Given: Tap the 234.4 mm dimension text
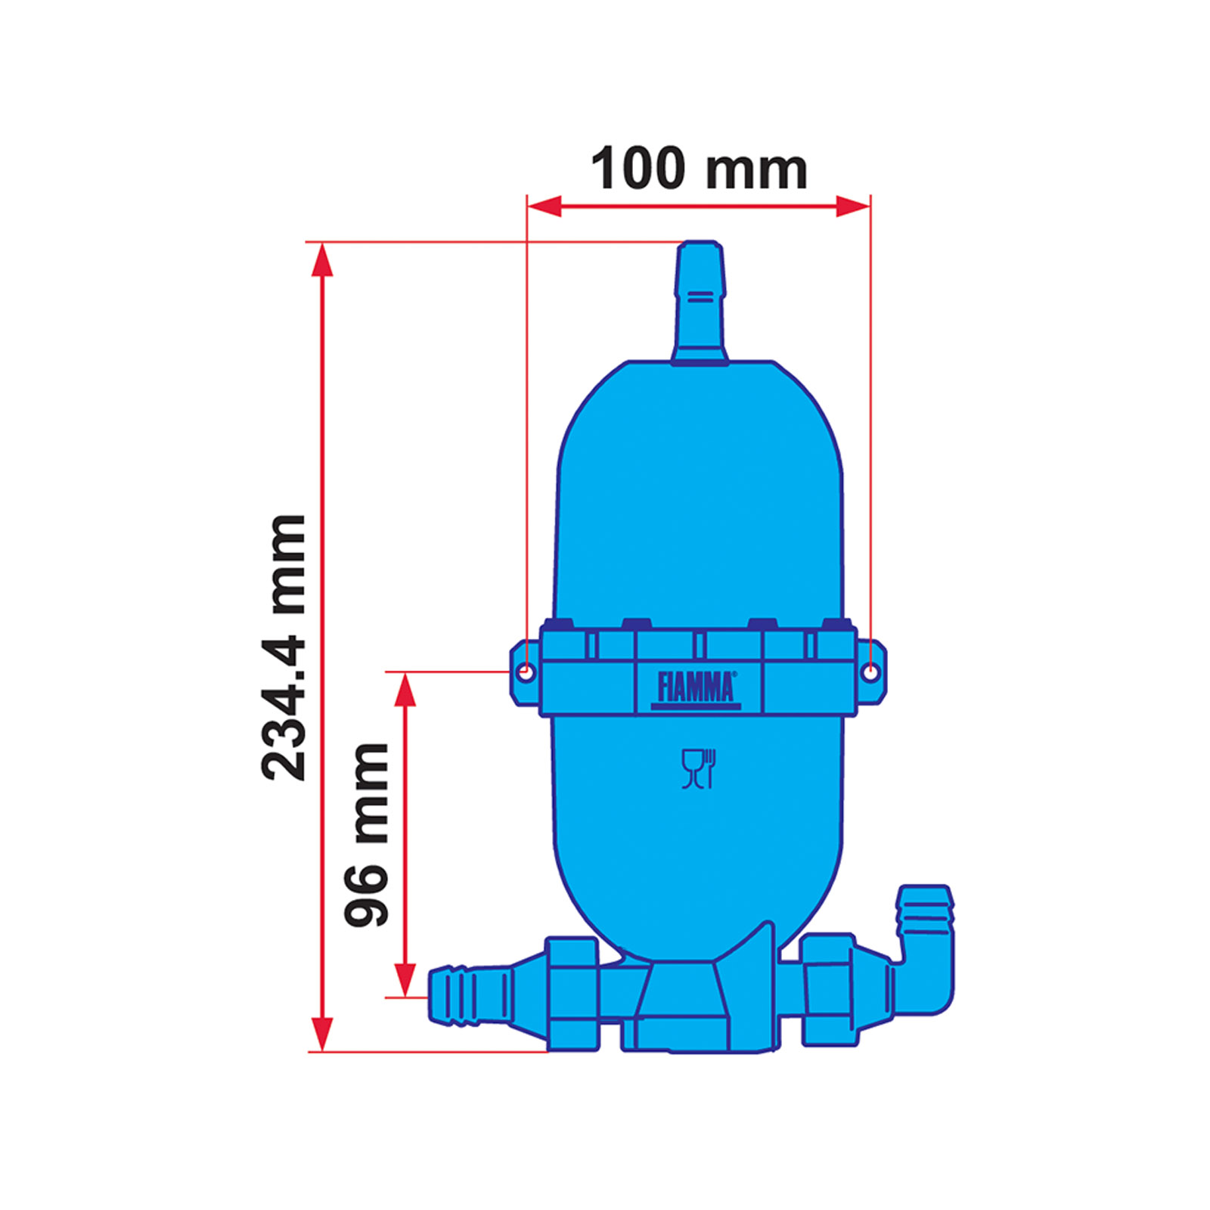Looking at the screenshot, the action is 284,647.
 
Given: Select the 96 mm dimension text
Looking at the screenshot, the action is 366,835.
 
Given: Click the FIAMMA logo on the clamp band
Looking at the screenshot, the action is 696,689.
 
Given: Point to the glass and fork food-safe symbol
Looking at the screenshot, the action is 699,769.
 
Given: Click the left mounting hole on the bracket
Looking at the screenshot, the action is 526,672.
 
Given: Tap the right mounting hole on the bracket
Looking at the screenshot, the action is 871,672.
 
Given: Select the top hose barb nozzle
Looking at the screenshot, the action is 700,302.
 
